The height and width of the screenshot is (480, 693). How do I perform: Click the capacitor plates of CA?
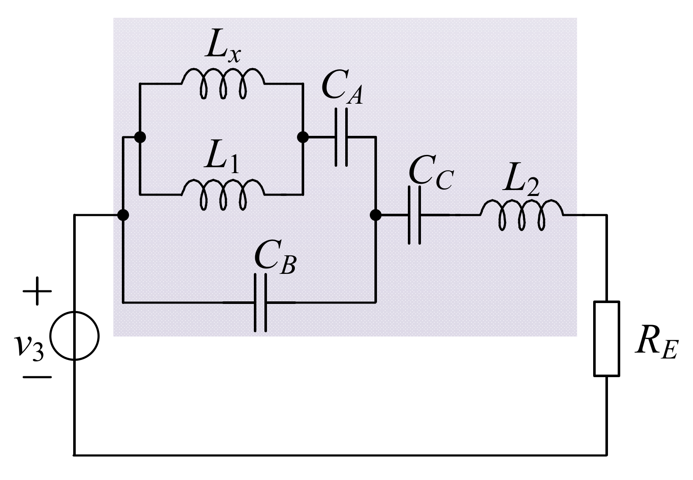point(341,137)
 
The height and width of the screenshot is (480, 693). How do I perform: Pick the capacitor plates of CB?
point(260,302)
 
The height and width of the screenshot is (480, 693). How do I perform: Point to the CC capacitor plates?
point(414,215)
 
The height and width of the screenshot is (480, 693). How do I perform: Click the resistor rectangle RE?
point(607,338)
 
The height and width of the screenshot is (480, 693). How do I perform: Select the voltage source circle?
point(74,336)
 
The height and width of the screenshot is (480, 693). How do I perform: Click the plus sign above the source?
point(37,291)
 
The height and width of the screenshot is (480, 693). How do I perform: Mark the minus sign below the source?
point(37,376)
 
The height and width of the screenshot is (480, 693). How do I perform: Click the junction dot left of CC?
point(375,215)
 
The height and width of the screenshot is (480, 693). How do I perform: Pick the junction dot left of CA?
point(303,137)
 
